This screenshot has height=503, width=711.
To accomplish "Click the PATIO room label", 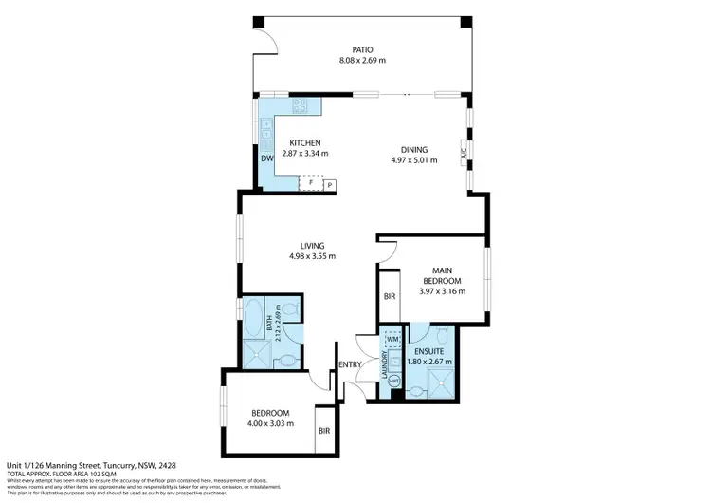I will click(x=361, y=49).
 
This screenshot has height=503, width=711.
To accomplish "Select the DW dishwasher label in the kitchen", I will click(x=267, y=158).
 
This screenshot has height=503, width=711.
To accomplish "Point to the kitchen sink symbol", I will click(x=266, y=132).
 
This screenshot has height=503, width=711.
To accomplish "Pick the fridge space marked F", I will click(x=311, y=182).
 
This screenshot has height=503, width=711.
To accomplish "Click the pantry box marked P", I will click(x=331, y=185).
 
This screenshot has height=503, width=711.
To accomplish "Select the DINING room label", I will click(x=414, y=149).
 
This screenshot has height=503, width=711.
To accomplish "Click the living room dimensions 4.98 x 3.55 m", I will click(x=312, y=256).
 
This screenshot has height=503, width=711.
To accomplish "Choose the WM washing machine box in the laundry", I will click(x=392, y=339).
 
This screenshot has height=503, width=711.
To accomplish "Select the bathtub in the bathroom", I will click(x=255, y=320).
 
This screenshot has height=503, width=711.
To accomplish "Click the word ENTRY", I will click(x=349, y=364).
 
